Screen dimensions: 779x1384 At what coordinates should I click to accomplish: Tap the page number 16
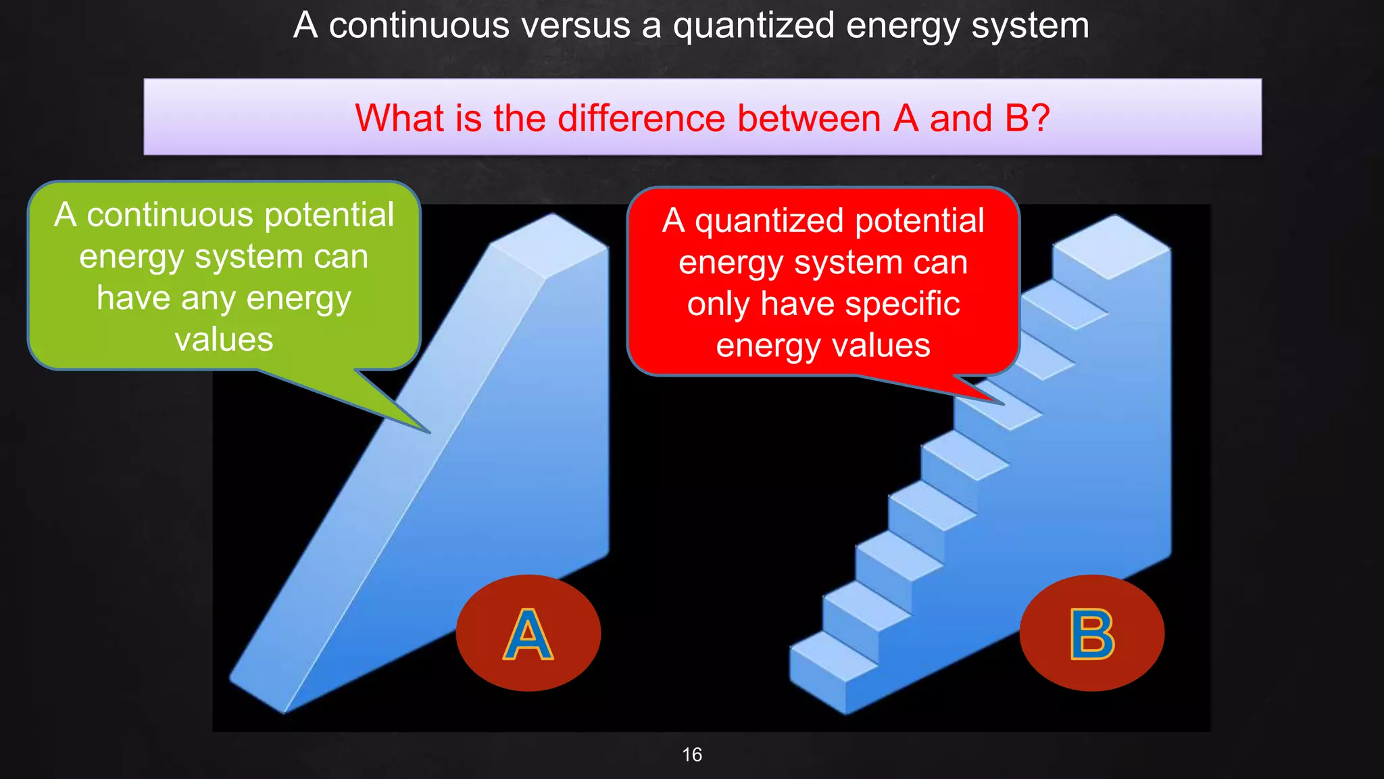coord(692,755)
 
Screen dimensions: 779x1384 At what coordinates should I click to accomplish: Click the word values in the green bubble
coord(224,339)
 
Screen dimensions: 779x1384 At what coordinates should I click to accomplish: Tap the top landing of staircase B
coord(1112,246)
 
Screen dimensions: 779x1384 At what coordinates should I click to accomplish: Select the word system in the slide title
coord(1030,26)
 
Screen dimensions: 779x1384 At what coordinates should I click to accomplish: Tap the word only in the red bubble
coord(718,304)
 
